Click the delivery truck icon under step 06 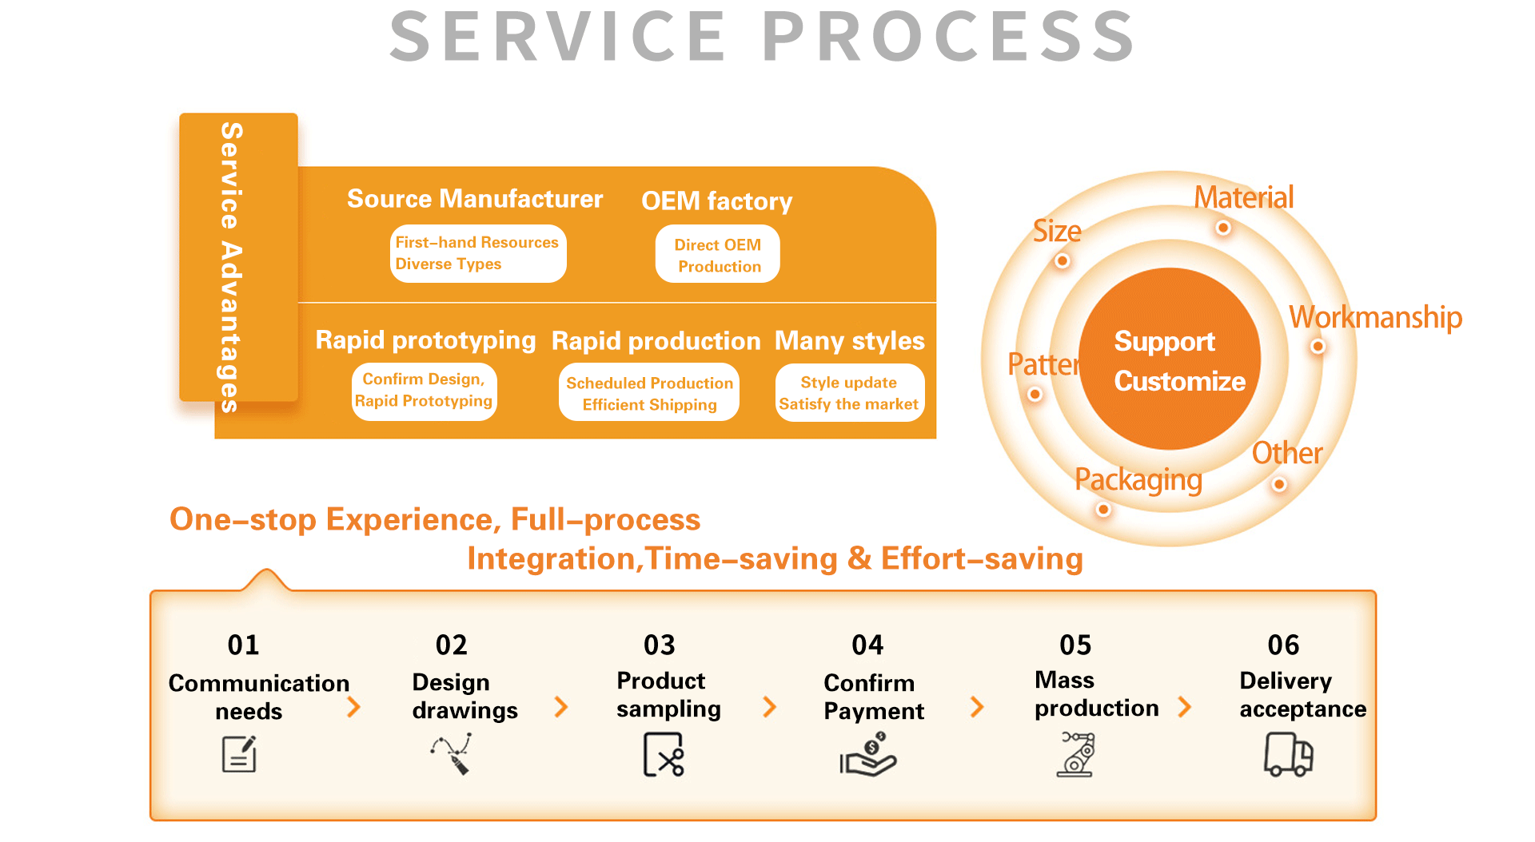click(x=1288, y=755)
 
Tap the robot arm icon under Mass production click(x=1077, y=754)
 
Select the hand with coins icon click(x=868, y=756)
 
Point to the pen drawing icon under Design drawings click(x=453, y=754)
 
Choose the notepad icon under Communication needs click(x=239, y=755)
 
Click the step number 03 click(x=660, y=645)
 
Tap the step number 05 click(x=1075, y=645)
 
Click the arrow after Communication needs click(x=353, y=707)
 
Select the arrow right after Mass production click(x=1185, y=707)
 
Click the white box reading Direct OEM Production click(x=717, y=255)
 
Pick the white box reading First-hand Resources click(x=478, y=253)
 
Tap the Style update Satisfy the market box click(x=849, y=393)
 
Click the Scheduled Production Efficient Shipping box click(x=649, y=393)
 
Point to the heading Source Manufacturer click(x=475, y=199)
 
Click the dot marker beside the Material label click(x=1222, y=228)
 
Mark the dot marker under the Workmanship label click(x=1318, y=347)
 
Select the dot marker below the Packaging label click(x=1103, y=510)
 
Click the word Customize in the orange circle click(x=1180, y=382)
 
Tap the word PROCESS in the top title click(x=948, y=37)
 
